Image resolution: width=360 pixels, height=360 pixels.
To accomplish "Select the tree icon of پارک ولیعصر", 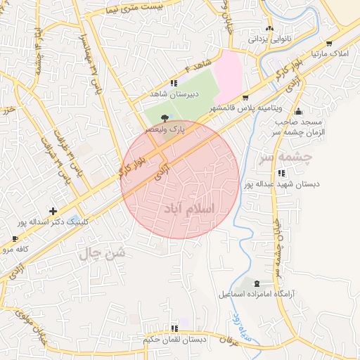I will click(165, 118).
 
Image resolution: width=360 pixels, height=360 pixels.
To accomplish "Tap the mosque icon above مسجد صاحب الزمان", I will click(298, 111).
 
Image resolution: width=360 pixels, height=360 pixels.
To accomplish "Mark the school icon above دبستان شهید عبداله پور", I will click(282, 173).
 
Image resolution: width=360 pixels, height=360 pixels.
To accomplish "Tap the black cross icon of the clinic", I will click(53, 210).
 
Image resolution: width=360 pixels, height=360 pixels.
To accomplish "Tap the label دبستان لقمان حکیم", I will click(175, 339).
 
